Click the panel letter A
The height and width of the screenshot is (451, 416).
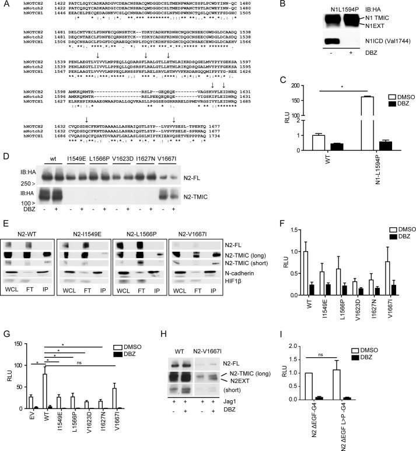(6, 5)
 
